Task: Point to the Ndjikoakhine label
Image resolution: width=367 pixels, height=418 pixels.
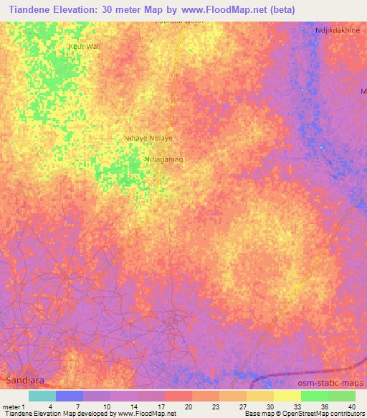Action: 338,31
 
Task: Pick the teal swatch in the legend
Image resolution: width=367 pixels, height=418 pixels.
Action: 42,396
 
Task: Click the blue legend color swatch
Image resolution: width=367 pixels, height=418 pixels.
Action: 70,396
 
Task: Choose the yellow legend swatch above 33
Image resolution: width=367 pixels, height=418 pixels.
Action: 287,396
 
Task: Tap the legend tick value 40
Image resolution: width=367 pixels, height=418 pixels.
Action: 351,407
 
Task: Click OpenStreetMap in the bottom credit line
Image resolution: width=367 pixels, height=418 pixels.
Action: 296,414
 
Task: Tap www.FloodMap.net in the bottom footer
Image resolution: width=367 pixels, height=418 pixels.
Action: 148,414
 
